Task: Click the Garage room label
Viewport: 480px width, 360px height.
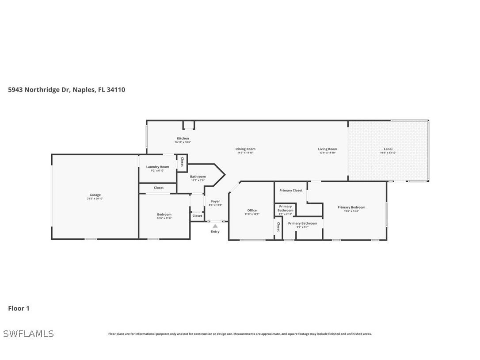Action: pyautogui.click(x=95, y=195)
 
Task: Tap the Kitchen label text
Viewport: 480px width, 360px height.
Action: pyautogui.click(x=183, y=138)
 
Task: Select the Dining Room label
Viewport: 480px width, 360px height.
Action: pyautogui.click(x=245, y=149)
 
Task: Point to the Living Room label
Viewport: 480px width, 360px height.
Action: pyautogui.click(x=328, y=149)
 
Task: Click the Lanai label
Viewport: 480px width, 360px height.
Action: pyautogui.click(x=388, y=149)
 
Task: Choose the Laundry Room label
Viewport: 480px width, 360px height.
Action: pyautogui.click(x=158, y=167)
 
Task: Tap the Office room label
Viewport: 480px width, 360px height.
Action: pyautogui.click(x=252, y=211)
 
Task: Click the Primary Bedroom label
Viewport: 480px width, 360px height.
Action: pyautogui.click(x=351, y=207)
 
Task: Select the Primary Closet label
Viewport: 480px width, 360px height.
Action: pyautogui.click(x=291, y=190)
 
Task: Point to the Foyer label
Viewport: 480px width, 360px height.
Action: pyautogui.click(x=215, y=201)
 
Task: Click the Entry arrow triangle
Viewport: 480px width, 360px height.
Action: pyautogui.click(x=215, y=226)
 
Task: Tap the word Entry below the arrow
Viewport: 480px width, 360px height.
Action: pyautogui.click(x=215, y=232)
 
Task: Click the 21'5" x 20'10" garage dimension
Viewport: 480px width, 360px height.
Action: pyautogui.click(x=95, y=199)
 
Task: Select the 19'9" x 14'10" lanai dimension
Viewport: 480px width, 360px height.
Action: pyautogui.click(x=388, y=153)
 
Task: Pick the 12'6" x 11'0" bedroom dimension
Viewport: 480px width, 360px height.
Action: pyautogui.click(x=164, y=218)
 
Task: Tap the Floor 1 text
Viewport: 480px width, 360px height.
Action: pyautogui.click(x=19, y=308)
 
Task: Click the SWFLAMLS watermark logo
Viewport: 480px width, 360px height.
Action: pyautogui.click(x=28, y=333)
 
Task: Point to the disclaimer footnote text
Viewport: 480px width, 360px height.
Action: pyautogui.click(x=240, y=334)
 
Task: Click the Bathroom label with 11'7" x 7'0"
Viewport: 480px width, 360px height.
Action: pyautogui.click(x=198, y=176)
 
